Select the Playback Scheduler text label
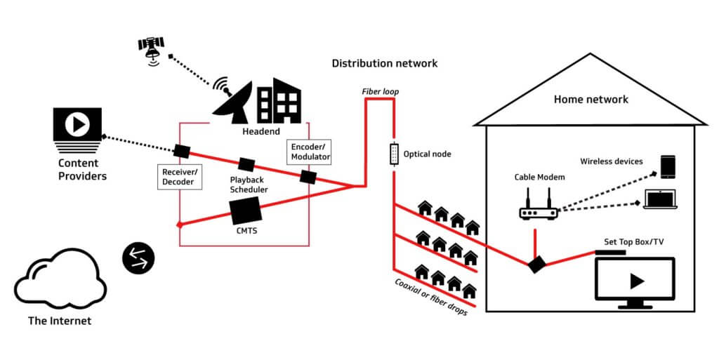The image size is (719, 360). (246, 185)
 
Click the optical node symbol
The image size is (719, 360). (394, 153)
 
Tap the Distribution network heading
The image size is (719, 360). (384, 63)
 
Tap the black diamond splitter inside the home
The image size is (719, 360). (537, 265)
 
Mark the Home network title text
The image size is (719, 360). (591, 99)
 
